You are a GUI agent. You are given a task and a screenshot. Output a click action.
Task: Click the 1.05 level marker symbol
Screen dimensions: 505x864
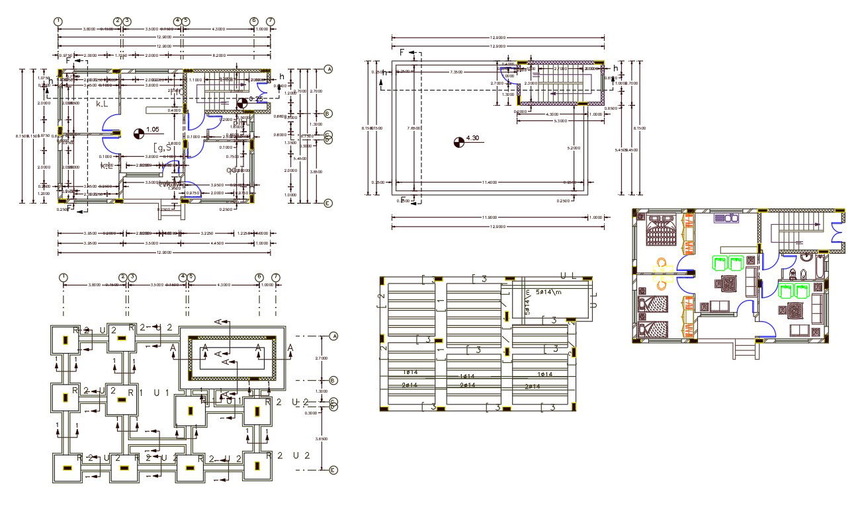click(138, 133)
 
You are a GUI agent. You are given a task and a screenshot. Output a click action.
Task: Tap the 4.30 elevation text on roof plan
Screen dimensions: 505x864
click(472, 138)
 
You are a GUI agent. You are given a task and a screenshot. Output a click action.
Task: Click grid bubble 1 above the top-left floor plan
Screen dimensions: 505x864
click(59, 21)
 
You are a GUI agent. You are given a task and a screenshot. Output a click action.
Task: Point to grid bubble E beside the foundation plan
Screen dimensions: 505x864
click(333, 470)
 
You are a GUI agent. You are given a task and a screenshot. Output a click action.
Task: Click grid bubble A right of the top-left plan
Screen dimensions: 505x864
click(328, 69)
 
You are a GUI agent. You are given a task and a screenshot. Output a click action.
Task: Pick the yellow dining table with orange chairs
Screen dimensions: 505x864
click(662, 273)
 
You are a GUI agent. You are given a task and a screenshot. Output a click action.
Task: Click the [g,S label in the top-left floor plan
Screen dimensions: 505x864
click(163, 147)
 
